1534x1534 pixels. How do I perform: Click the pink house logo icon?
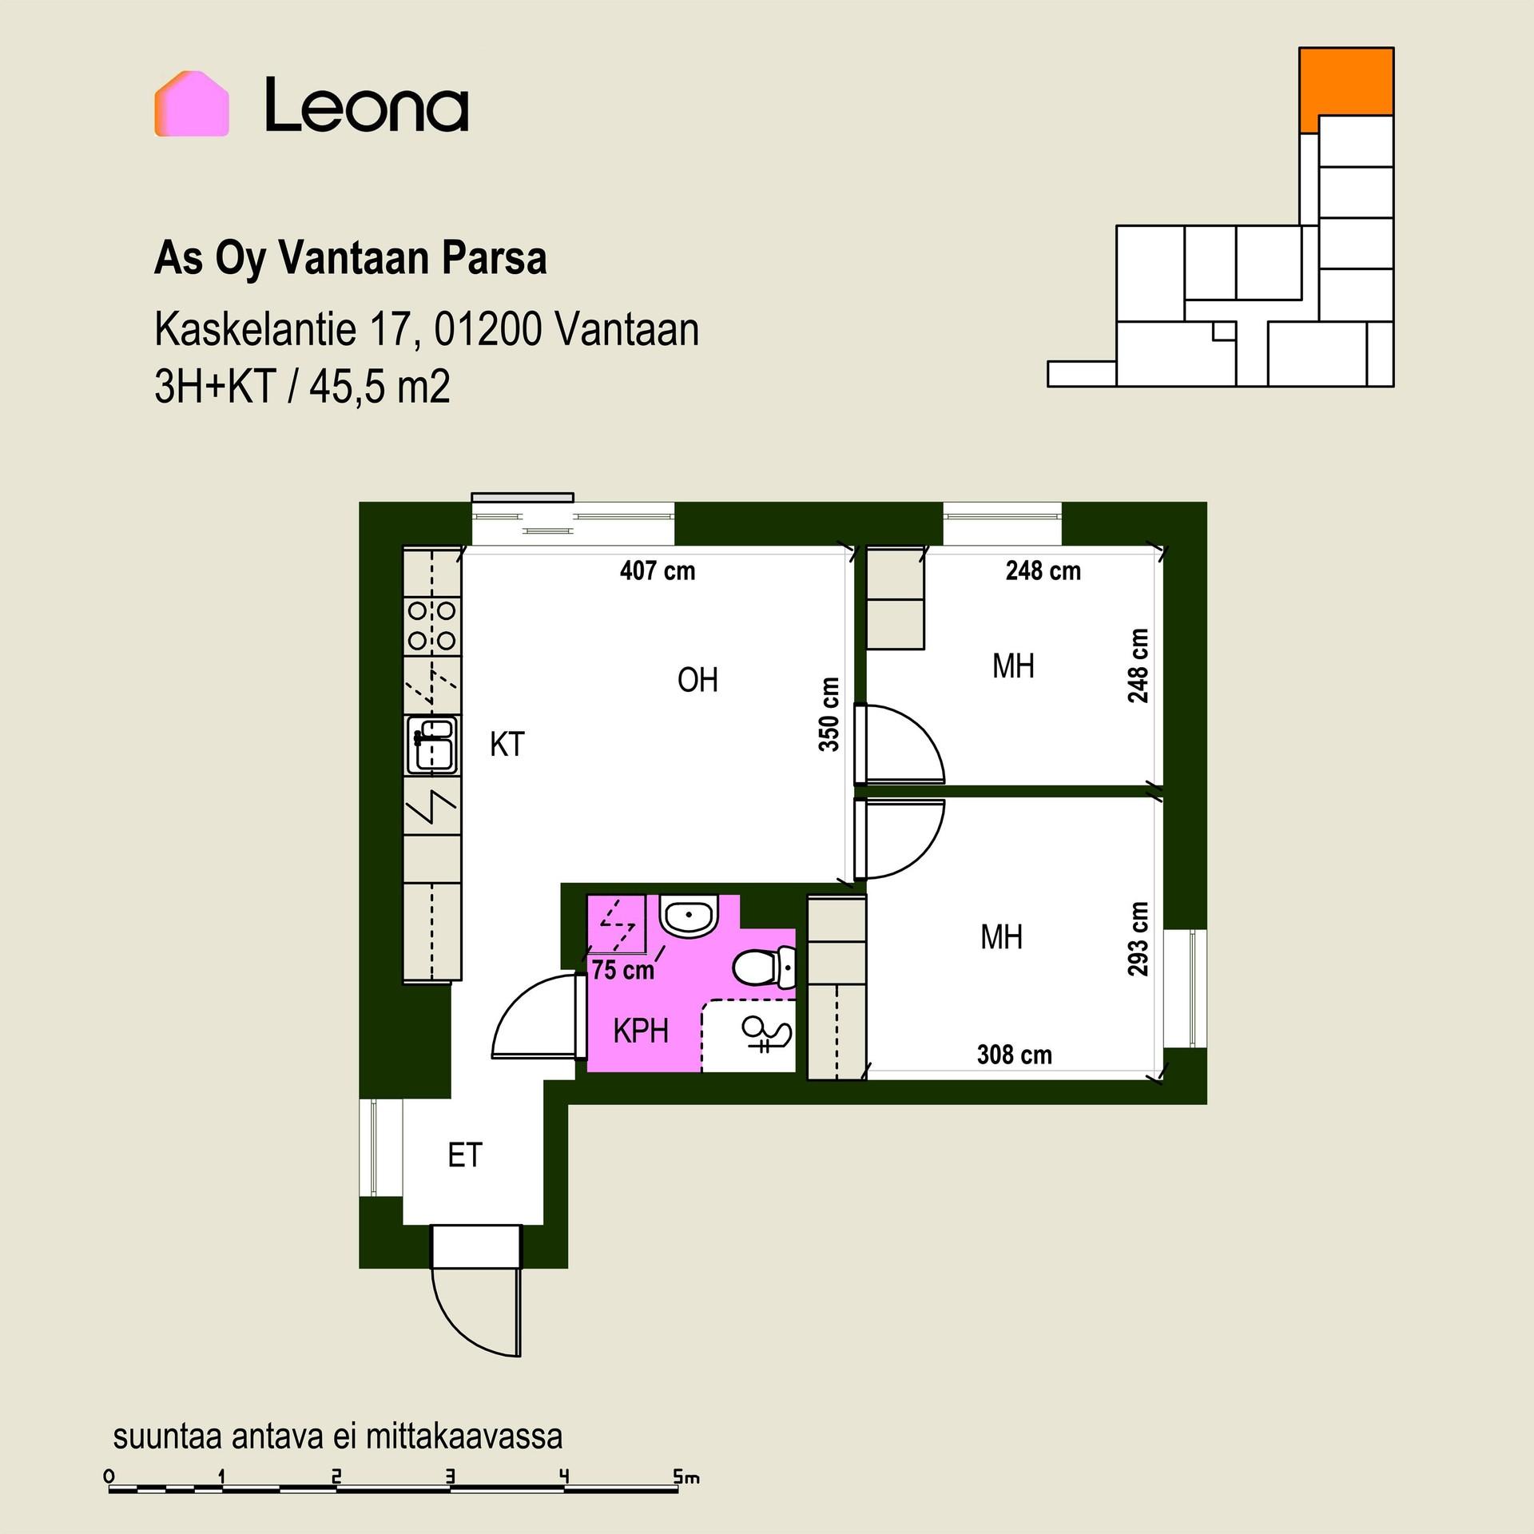point(192,104)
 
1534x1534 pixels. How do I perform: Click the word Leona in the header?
point(367,104)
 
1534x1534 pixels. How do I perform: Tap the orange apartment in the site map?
point(1345,88)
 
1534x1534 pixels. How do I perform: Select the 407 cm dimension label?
point(658,570)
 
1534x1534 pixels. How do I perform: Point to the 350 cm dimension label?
point(829,714)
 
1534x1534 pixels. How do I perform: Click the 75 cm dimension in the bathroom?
point(622,970)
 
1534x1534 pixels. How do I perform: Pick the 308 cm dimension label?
point(1015,1055)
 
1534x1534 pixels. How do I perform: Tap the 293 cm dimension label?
point(1138,939)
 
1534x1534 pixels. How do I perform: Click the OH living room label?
point(697,680)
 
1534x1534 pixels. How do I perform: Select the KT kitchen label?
point(507,744)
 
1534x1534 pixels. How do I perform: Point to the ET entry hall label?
point(465,1155)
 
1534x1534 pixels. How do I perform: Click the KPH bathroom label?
point(641,1031)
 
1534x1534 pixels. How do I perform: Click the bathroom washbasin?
point(689,916)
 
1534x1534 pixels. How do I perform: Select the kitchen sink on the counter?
point(432,745)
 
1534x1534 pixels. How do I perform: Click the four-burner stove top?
point(431,626)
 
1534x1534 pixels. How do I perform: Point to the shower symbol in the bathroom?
point(767,1035)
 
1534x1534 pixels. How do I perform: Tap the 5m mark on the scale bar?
point(685,1477)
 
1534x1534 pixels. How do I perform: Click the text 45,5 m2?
point(380,387)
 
